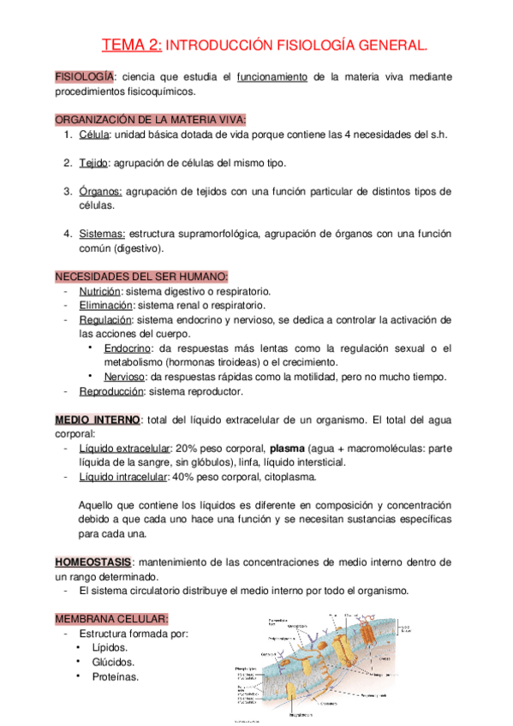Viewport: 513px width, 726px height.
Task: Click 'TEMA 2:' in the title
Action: pyautogui.click(x=131, y=45)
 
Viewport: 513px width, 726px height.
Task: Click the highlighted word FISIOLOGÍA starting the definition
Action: pyautogui.click(x=82, y=77)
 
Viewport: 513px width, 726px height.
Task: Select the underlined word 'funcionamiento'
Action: pyautogui.click(x=271, y=77)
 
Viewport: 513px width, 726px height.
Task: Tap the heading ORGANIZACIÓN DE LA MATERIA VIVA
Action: pyautogui.click(x=151, y=120)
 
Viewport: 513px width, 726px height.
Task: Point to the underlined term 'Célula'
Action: pyautogui.click(x=94, y=134)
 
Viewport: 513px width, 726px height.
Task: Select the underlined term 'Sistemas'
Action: pyautogui.click(x=102, y=234)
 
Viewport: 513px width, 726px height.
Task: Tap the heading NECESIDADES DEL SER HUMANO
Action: pyautogui.click(x=141, y=277)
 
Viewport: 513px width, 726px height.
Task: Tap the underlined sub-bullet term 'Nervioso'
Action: pyautogui.click(x=125, y=377)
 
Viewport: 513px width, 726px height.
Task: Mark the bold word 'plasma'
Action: pyautogui.click(x=287, y=448)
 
